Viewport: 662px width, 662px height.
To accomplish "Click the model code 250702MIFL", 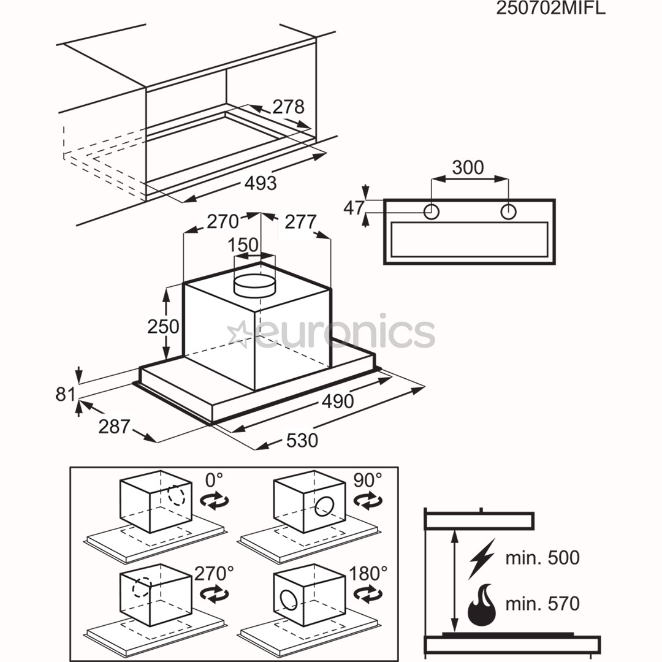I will click(550, 9).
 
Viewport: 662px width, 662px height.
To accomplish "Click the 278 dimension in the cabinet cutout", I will click(287, 107).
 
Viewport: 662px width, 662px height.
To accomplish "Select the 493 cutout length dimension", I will click(261, 183).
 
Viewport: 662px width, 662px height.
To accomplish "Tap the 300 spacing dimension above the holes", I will click(468, 167).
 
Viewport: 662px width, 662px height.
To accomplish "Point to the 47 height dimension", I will click(354, 208).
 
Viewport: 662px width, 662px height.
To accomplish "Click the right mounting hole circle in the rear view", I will click(508, 212).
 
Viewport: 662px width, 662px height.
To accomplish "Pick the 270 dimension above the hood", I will click(222, 221).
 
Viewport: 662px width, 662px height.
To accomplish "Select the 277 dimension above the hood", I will click(300, 221).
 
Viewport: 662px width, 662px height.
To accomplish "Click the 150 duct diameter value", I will click(243, 245).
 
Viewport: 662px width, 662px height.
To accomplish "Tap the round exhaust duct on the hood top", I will click(255, 284).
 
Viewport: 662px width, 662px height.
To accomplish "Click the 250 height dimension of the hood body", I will click(163, 327).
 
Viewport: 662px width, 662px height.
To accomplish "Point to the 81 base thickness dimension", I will click(66, 394).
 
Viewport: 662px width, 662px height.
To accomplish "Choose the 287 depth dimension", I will click(115, 426).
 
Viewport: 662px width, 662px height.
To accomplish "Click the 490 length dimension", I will click(338, 401).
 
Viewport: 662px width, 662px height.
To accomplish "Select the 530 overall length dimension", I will click(302, 440).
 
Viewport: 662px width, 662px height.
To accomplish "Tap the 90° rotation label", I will click(367, 480).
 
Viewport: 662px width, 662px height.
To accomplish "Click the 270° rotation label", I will click(214, 573).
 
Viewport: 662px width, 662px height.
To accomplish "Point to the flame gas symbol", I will click(481, 604).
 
